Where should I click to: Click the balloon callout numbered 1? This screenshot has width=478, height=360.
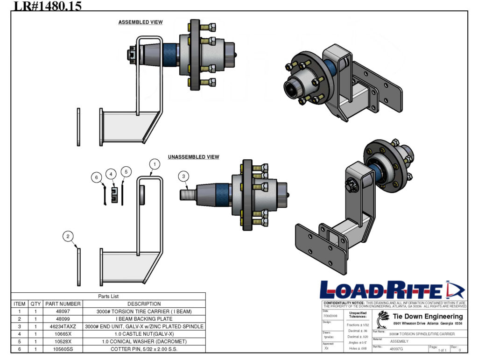coord(155,164)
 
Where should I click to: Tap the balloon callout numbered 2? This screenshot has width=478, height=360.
coord(68,237)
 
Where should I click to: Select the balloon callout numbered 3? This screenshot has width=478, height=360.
coord(184,176)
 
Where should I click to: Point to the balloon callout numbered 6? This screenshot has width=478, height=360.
coord(96,177)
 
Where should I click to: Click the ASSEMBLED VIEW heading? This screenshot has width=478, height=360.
coord(141,22)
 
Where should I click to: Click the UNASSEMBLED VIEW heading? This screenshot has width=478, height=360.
coord(193,157)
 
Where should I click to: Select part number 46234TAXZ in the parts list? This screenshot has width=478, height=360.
coord(63,326)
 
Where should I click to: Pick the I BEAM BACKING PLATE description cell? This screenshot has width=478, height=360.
coord(144,319)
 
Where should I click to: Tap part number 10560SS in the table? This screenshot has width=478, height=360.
coord(63,349)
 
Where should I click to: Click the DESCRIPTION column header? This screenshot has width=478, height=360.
coord(144,304)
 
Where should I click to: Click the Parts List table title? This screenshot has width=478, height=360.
coord(108,296)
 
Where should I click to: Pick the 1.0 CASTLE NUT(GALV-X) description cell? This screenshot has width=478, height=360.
coord(144,334)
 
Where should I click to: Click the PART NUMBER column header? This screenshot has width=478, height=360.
coord(63,304)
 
